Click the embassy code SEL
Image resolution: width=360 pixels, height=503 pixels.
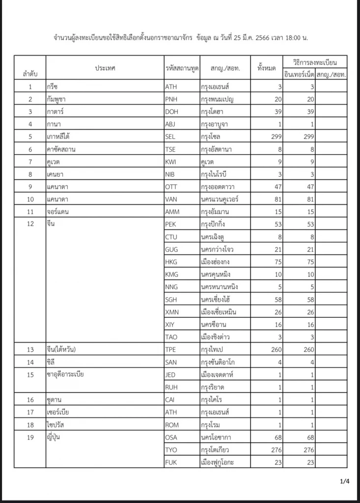tap(171, 137)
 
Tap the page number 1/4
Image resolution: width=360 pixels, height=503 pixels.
tap(344, 481)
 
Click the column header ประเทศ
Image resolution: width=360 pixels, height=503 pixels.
tap(105, 68)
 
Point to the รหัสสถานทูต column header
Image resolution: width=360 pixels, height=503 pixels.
tap(182, 68)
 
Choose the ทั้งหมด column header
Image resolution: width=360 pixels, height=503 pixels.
tap(266, 68)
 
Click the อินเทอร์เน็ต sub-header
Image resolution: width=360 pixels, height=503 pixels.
tap(299, 75)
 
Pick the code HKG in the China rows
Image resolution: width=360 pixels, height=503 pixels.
tap(172, 262)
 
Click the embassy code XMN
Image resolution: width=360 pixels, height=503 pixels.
tap(172, 312)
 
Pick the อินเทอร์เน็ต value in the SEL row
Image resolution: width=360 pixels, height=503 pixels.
tap(305, 137)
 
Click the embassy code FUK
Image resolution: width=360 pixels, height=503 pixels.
tap(171, 462)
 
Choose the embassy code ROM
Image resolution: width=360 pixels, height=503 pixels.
tap(172, 424)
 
